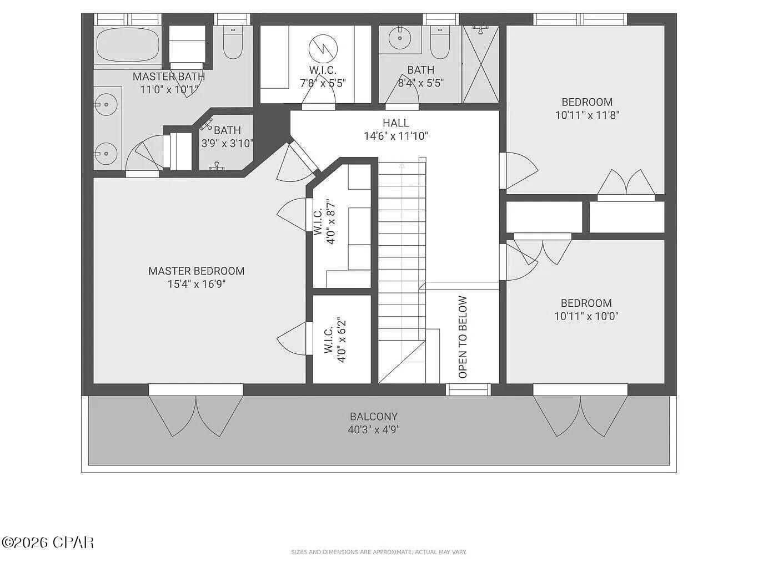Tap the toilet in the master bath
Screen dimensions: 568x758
233,44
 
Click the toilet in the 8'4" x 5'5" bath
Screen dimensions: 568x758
439,43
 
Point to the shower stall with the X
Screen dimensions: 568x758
480,65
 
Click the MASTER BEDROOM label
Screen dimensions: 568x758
196,271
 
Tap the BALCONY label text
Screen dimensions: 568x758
374,417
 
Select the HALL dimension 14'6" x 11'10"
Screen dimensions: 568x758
396,136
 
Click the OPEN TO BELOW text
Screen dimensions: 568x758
463,337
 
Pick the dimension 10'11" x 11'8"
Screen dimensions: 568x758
587,115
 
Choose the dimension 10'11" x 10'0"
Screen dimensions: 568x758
586,316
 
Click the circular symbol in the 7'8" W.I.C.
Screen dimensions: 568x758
323,48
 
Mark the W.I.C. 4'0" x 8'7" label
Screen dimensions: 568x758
325,222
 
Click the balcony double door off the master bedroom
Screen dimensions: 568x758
195,414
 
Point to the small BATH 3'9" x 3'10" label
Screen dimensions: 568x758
227,136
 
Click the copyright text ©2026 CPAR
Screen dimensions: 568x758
48,542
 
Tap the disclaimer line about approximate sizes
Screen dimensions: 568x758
379,552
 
